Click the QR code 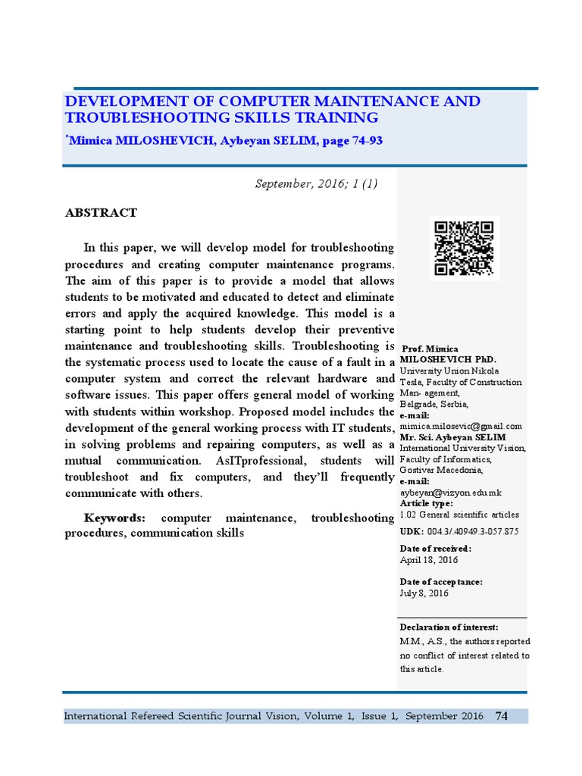pos(464,249)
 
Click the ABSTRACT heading pos(101,213)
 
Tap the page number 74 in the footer pos(501,716)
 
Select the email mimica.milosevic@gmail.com pos(461,427)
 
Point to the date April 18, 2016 pos(429,560)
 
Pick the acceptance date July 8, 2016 pos(424,593)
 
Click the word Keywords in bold pos(114,518)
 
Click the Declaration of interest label pos(449,627)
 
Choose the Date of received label pos(436,549)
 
